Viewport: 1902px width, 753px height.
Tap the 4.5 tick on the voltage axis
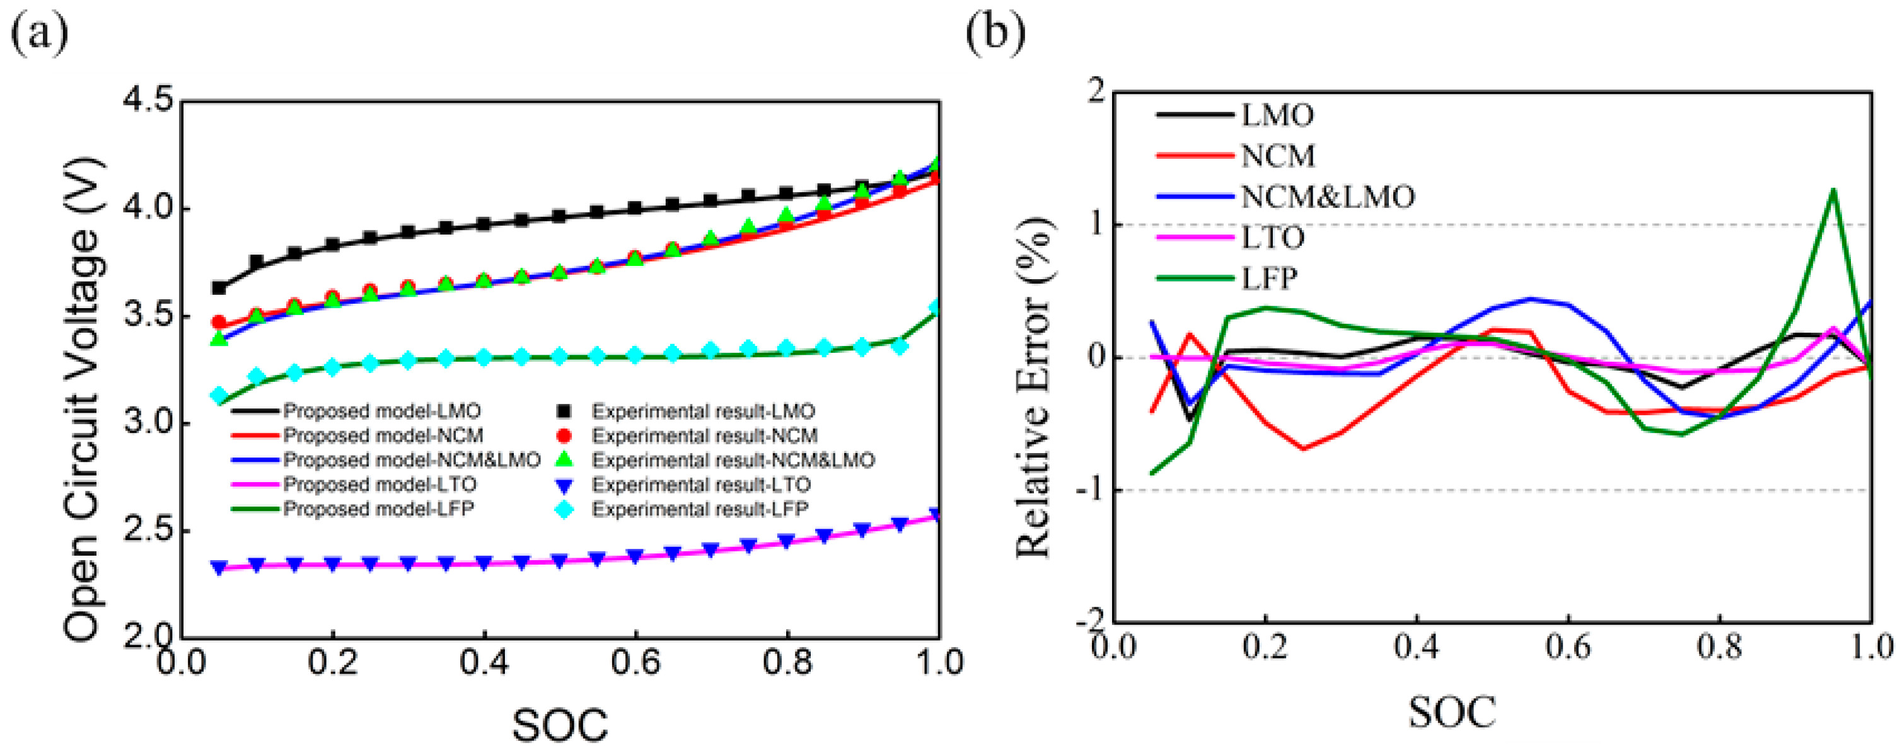coord(153,101)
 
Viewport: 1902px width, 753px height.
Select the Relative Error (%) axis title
coord(1034,388)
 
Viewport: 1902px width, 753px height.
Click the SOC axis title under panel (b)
coord(1452,713)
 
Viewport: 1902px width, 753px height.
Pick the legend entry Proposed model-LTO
coord(380,485)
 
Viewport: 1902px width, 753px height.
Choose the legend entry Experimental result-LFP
coord(699,509)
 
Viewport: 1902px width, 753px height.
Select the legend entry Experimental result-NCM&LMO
coord(733,460)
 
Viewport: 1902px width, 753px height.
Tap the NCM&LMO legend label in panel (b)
coord(1328,197)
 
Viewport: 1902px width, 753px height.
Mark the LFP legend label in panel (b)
coord(1268,279)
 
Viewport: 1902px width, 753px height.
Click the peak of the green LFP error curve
coord(1833,190)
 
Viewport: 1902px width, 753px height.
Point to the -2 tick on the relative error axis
coord(1091,621)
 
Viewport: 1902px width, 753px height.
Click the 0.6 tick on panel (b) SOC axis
coord(1567,647)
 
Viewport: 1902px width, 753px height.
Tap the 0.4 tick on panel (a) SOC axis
coord(484,662)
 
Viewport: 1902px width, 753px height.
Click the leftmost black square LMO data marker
coord(219,288)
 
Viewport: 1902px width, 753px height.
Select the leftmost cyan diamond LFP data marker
coord(219,396)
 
